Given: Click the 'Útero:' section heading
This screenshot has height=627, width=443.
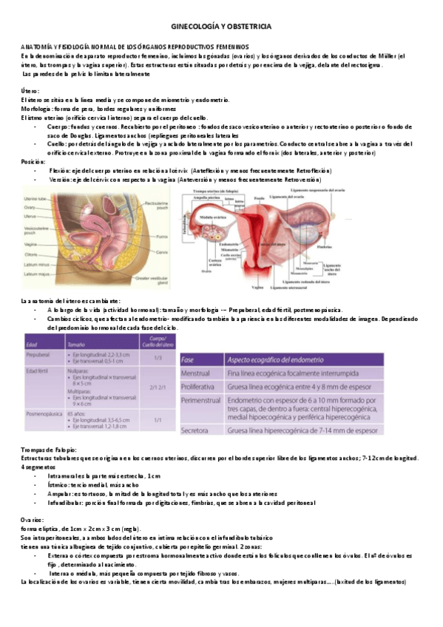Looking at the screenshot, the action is (30, 90).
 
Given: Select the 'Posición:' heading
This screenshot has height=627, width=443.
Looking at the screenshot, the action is (34, 160).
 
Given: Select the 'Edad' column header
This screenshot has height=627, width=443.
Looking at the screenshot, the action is (32, 344).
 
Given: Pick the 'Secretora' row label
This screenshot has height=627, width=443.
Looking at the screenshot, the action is (196, 430).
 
